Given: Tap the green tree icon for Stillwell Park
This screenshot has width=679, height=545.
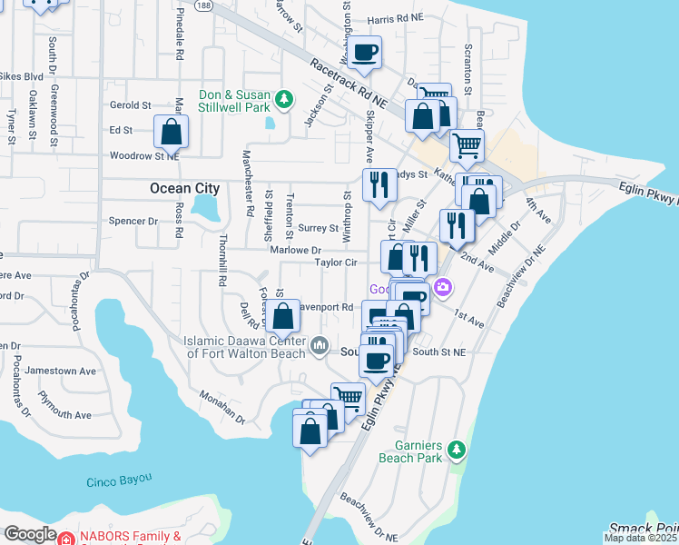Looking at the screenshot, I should coord(284,97).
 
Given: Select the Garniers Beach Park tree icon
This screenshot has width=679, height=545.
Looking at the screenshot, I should coord(458,449).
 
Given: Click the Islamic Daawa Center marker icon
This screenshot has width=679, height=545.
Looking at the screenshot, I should coord(320,345).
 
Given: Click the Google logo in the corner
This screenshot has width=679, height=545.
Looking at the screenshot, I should coord(30,534).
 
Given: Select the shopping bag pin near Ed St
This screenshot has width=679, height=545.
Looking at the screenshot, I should coord(171,133).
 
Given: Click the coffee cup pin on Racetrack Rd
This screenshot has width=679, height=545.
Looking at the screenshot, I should coord(365,53).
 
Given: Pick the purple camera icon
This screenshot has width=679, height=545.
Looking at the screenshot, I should coord(442,288).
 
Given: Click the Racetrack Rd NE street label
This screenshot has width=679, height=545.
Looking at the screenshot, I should coord(349,85).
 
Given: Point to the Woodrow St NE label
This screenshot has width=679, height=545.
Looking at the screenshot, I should coord(143,155).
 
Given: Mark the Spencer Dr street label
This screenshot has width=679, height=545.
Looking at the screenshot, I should coord(133,221).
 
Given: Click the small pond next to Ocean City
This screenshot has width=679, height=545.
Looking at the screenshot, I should coord(207,209).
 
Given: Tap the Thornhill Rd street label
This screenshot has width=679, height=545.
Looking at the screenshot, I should coord(221,261).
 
